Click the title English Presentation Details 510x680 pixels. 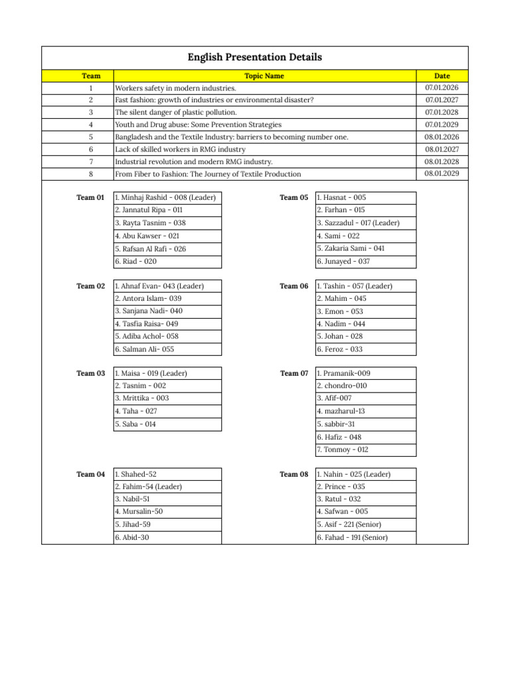tap(255, 58)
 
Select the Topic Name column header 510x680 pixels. tap(264, 76)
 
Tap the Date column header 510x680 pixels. tap(442, 76)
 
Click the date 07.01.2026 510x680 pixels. tap(442, 88)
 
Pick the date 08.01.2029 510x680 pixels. tap(442, 174)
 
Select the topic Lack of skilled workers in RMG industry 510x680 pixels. tap(180, 149)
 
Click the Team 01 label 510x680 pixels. tap(90, 198)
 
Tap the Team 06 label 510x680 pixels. tap(294, 286)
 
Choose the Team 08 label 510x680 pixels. tap(294, 474)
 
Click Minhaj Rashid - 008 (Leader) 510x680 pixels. tap(165, 198)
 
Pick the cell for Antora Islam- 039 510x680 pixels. tap(148, 299)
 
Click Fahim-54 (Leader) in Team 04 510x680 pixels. tap(148, 487)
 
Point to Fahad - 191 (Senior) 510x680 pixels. tap(352, 538)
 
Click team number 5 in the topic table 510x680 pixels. tap(90, 137)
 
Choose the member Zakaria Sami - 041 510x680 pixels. tap(351, 248)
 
